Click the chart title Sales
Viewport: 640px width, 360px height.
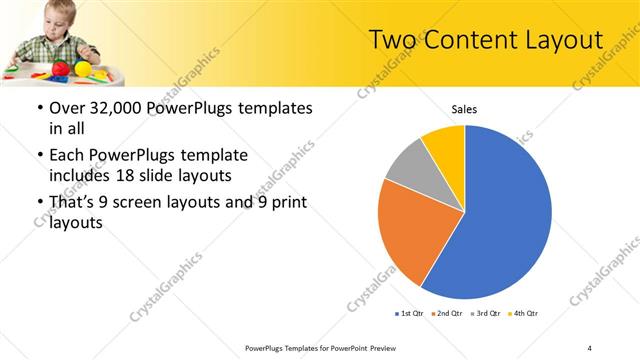point(464,108)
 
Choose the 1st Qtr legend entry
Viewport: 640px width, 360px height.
point(410,314)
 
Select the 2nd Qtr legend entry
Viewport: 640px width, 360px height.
point(446,314)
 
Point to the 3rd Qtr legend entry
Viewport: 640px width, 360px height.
point(485,314)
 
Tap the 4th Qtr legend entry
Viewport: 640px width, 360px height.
point(524,314)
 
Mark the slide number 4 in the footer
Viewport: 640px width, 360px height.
point(589,347)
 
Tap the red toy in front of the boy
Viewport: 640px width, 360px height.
point(59,68)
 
